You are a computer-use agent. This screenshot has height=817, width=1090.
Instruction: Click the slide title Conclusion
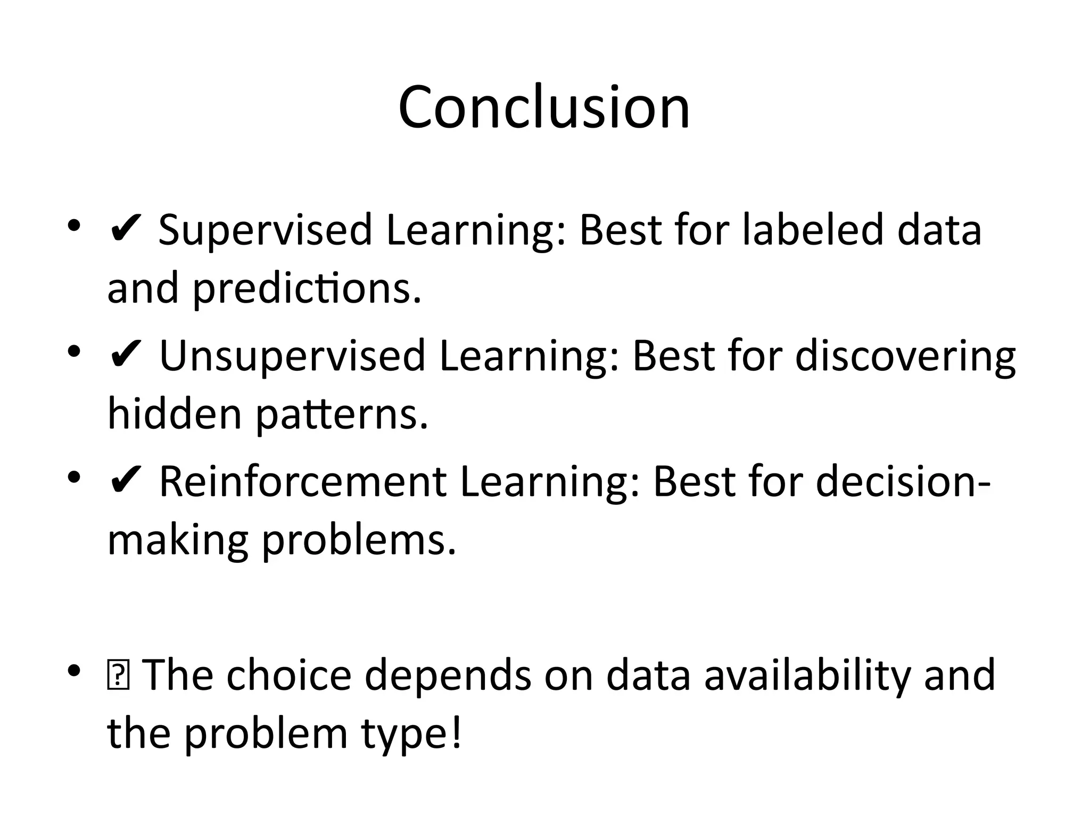coord(544,108)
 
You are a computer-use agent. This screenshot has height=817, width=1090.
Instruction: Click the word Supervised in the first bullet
coord(265,230)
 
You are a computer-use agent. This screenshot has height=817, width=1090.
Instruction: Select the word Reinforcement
coord(303,482)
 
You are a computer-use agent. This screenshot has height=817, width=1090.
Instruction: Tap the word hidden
coord(175,414)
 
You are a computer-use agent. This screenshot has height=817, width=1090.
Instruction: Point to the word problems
coord(359,540)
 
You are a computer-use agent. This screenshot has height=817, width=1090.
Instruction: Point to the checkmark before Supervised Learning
coord(125,230)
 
